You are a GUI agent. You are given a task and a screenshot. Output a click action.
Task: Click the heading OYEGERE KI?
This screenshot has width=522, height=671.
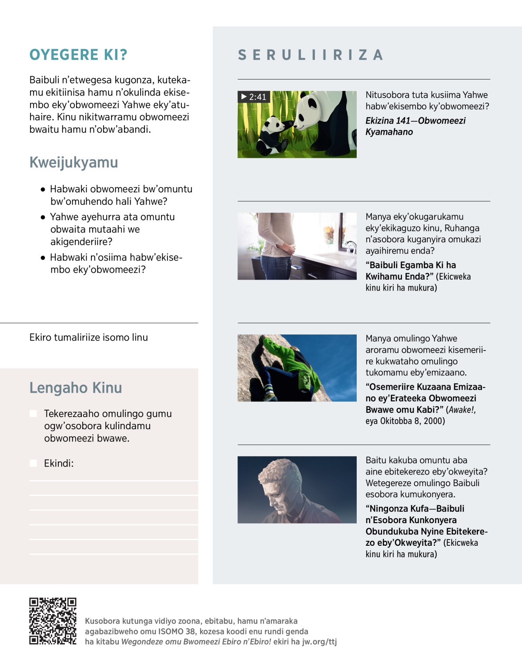pos(78,55)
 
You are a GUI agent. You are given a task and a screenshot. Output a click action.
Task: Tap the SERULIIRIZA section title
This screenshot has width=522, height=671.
pos(311,55)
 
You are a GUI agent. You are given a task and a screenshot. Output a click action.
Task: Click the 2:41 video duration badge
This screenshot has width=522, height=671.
pos(254,97)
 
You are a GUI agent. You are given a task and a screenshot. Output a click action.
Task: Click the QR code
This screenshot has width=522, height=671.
pos(53,621)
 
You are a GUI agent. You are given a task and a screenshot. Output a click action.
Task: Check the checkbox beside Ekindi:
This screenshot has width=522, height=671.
pos(33,463)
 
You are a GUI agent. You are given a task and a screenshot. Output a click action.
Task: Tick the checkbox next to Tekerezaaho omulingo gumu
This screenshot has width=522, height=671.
pos(33,414)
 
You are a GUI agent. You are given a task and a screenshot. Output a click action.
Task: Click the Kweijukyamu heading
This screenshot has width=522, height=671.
pos(74,162)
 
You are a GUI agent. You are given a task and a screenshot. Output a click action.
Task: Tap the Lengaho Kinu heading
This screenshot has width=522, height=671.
pos(76,387)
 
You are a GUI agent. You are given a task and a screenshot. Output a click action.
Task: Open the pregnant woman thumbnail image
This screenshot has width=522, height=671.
pos(297,246)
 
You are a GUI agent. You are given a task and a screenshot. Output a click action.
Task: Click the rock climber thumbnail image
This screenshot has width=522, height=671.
pos(297,368)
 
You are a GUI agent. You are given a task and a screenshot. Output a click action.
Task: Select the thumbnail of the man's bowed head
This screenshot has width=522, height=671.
pos(297,490)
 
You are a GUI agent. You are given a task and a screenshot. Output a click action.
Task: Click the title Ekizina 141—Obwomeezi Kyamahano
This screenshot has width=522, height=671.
pos(415,126)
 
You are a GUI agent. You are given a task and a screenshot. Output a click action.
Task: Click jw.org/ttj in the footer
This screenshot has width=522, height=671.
pos(319,641)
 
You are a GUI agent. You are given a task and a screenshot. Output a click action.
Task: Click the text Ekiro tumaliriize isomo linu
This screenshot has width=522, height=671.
pos(89,337)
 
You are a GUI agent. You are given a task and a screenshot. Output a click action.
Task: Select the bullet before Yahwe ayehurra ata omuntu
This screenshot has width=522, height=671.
pos(43,217)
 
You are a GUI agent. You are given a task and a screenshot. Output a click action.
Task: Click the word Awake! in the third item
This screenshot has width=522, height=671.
pos(462,410)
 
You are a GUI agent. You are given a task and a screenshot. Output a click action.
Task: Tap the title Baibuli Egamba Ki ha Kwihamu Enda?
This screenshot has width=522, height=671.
pos(411,270)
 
